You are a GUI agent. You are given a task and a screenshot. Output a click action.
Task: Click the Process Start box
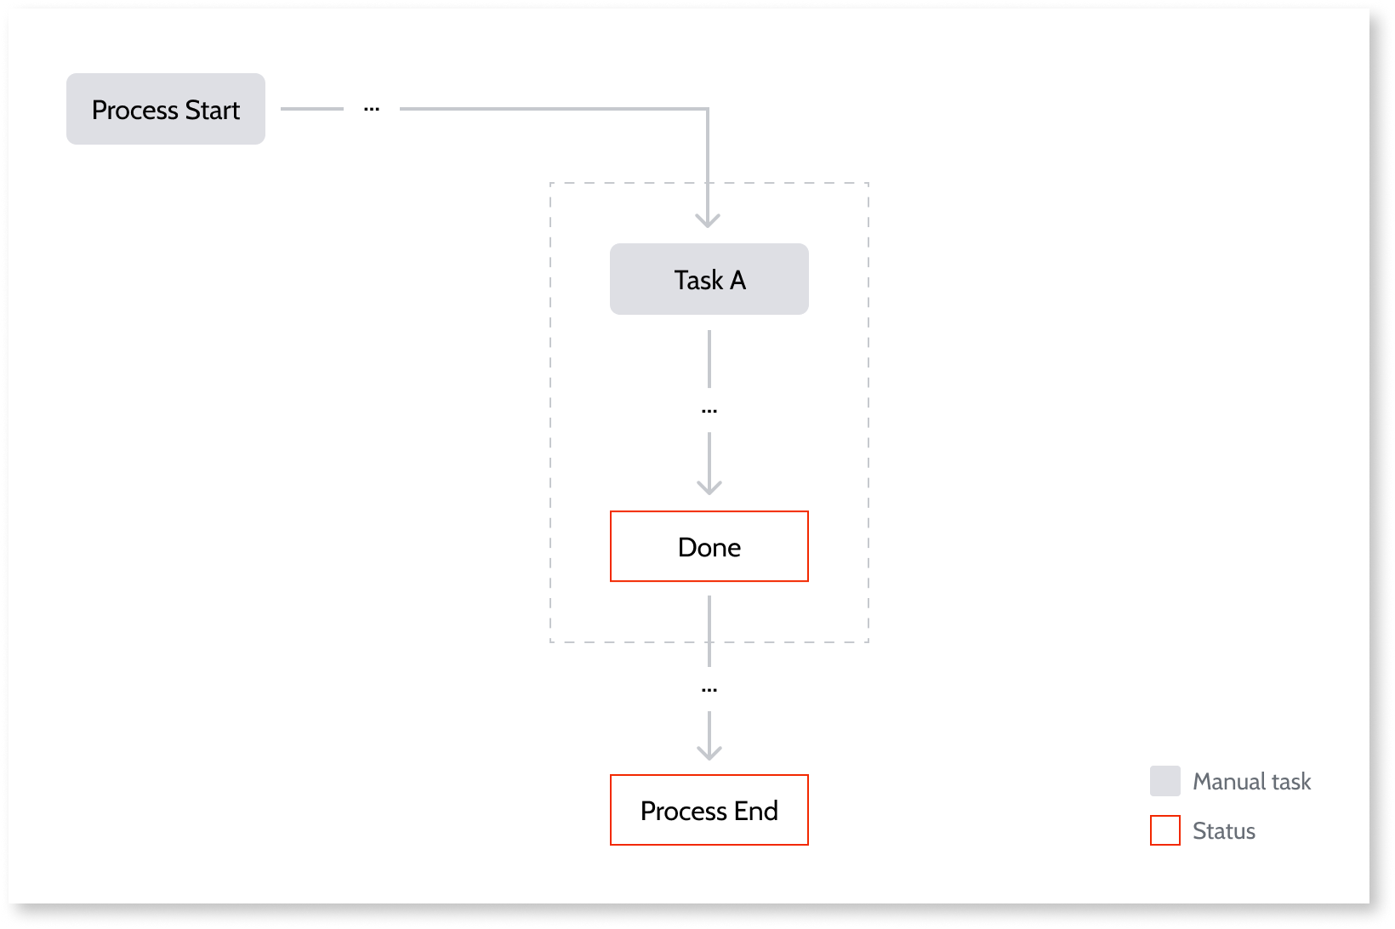(x=166, y=109)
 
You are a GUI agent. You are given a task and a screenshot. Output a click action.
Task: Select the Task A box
(x=709, y=279)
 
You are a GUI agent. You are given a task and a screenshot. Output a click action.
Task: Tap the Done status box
(x=709, y=546)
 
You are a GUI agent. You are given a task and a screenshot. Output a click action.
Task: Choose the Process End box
(x=709, y=810)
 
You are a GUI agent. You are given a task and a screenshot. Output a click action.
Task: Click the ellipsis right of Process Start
(x=372, y=109)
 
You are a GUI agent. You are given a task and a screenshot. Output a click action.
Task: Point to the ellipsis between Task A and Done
(x=709, y=411)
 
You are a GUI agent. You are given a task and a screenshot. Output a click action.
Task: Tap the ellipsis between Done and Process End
(x=709, y=689)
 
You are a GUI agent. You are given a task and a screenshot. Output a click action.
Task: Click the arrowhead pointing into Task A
(x=708, y=221)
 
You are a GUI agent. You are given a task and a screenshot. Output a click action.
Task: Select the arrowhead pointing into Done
(x=709, y=487)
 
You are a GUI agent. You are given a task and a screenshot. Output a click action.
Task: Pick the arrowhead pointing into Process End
(x=709, y=753)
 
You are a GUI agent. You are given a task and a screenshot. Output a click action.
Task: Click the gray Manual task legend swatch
(x=1164, y=781)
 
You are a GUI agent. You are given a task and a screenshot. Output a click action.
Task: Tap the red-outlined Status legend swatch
(x=1164, y=830)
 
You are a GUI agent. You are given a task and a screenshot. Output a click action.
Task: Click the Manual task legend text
(x=1251, y=782)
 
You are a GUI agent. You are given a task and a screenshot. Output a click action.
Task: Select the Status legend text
(x=1223, y=831)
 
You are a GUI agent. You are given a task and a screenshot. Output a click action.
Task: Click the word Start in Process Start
(x=213, y=110)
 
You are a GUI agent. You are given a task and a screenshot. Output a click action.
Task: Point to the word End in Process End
(x=756, y=811)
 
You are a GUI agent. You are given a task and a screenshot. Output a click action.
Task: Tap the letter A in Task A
(x=737, y=280)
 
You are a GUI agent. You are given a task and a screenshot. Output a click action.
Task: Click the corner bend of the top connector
(x=707, y=110)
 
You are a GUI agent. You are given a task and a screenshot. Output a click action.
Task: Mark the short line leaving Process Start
(x=311, y=109)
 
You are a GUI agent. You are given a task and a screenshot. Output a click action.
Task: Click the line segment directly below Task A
(x=709, y=358)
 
